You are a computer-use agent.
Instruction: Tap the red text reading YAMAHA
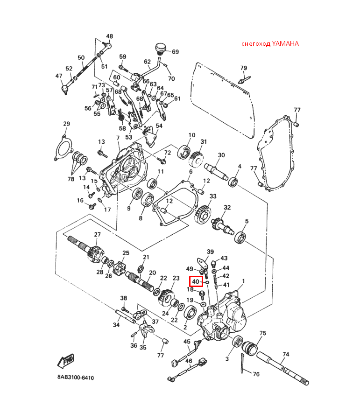(x=285, y=44)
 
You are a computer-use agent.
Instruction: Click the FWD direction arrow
(x=66, y=361)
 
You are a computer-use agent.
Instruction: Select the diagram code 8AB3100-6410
(x=76, y=378)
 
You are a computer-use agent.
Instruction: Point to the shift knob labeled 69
(x=161, y=49)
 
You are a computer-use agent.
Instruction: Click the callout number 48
(x=109, y=36)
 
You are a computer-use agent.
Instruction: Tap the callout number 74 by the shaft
(x=286, y=354)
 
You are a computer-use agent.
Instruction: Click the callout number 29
(x=66, y=124)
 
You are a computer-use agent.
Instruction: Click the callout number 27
(x=97, y=234)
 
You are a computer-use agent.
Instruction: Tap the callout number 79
(x=243, y=68)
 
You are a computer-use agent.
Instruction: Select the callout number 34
(x=116, y=325)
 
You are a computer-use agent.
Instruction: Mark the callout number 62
(x=147, y=62)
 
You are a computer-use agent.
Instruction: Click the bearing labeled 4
(x=233, y=182)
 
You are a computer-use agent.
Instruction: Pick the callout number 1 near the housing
(x=243, y=281)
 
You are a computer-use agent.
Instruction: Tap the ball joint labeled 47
(x=65, y=89)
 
